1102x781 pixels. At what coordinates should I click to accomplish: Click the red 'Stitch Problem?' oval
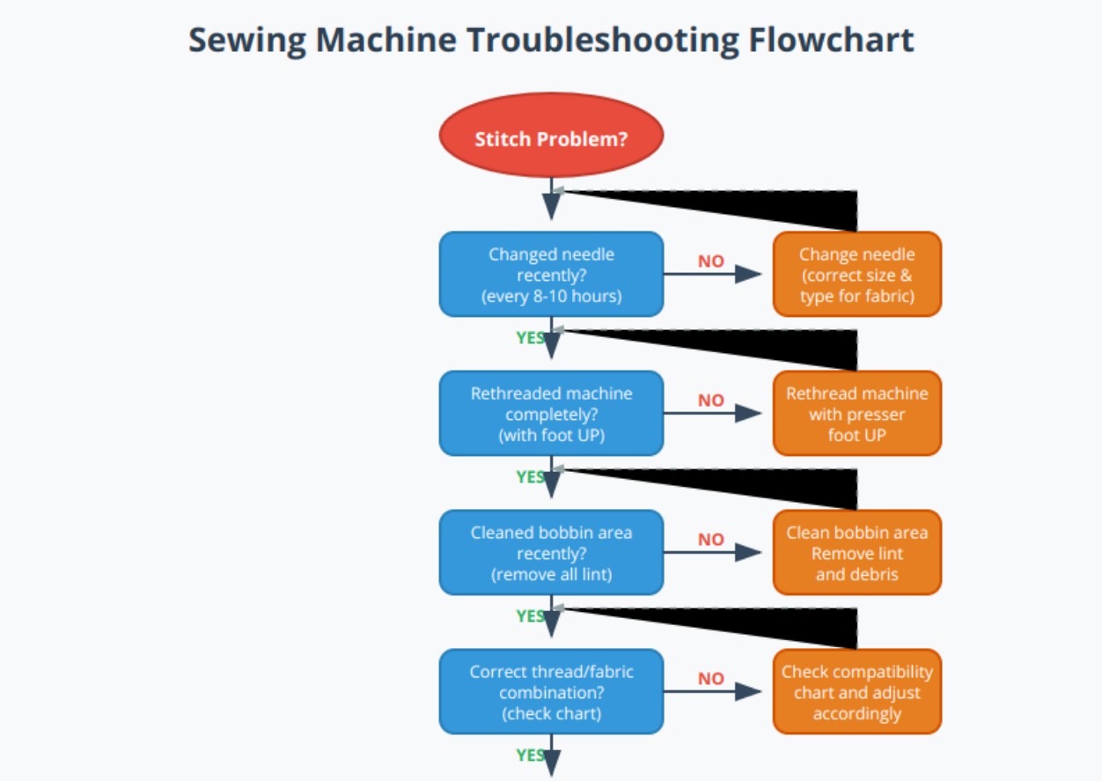pyautogui.click(x=551, y=138)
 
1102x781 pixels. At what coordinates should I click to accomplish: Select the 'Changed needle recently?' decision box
pyautogui.click(x=551, y=274)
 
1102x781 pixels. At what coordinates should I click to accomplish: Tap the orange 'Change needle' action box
pyautogui.click(x=856, y=274)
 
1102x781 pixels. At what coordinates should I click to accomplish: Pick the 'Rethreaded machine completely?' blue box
pyautogui.click(x=551, y=413)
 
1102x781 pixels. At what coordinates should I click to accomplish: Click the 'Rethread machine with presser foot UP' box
pyautogui.click(x=856, y=413)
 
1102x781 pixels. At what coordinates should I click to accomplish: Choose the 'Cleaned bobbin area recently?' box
pyautogui.click(x=551, y=552)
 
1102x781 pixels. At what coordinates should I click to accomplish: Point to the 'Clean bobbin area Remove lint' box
pyautogui.click(x=856, y=552)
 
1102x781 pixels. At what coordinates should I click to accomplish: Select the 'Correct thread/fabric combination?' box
pyautogui.click(x=551, y=691)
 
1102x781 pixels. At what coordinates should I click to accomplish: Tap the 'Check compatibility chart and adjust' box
pyautogui.click(x=856, y=691)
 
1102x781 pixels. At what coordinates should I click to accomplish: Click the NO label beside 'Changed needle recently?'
pyautogui.click(x=710, y=261)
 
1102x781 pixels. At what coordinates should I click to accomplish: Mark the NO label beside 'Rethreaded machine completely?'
pyautogui.click(x=710, y=400)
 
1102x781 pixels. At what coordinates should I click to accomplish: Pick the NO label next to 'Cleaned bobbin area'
pyautogui.click(x=710, y=539)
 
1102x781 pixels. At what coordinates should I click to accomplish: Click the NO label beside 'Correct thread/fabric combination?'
pyautogui.click(x=710, y=678)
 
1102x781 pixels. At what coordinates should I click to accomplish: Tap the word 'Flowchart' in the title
pyautogui.click(x=832, y=41)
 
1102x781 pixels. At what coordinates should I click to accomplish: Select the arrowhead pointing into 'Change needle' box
pyautogui.click(x=749, y=274)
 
